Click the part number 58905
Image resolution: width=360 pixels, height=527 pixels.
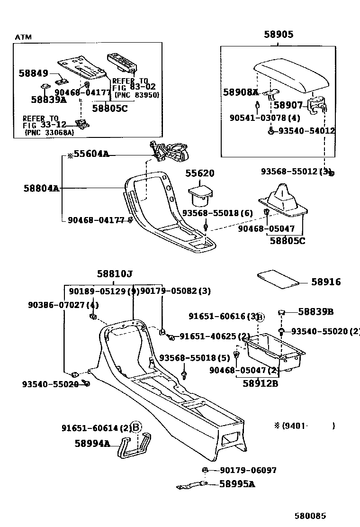[x=278, y=35]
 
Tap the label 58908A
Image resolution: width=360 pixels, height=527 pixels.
[x=241, y=92]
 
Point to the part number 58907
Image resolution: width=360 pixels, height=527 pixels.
[x=288, y=105]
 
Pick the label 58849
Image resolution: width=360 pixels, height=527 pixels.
[x=33, y=73]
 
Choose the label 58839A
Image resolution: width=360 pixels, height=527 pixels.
[x=48, y=100]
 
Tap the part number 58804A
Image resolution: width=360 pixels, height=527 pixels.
[x=41, y=188]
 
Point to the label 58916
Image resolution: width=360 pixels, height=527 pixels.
[x=326, y=282]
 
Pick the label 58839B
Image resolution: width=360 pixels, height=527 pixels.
[x=316, y=311]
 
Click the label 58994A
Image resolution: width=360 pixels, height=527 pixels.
[x=92, y=444]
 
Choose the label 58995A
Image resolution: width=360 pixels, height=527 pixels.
[x=237, y=484]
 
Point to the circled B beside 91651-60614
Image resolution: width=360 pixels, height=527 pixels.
[x=136, y=427]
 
